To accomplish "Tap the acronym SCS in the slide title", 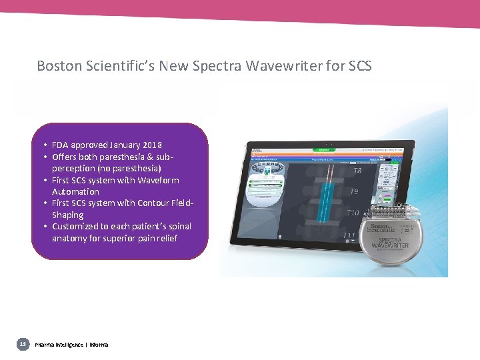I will [x=357, y=66].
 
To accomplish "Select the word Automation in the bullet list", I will [x=75, y=192].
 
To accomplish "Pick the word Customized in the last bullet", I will [x=77, y=227].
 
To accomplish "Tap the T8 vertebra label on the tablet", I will [x=357, y=171].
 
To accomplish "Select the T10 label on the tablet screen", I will [x=353, y=213].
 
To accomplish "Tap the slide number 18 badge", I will [x=23, y=344].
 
